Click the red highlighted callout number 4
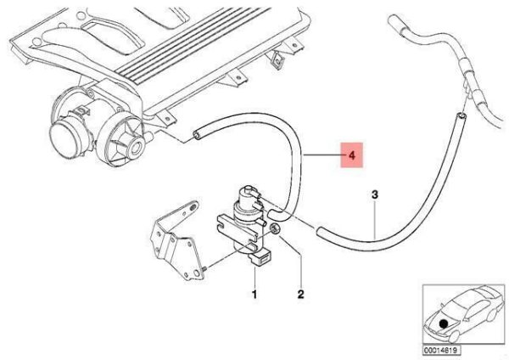click(351, 155)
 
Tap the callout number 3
click(375, 195)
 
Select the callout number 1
click(255, 295)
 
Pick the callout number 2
click(301, 295)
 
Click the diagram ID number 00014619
click(441, 351)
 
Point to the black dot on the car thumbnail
click(443, 323)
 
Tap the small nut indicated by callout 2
click(276, 229)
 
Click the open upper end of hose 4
click(197, 135)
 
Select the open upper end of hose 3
click(461, 115)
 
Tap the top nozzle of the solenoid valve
click(249, 188)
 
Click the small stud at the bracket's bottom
click(206, 268)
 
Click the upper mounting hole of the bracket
click(193, 205)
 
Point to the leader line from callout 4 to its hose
click(321, 155)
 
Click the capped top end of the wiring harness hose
click(395, 21)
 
